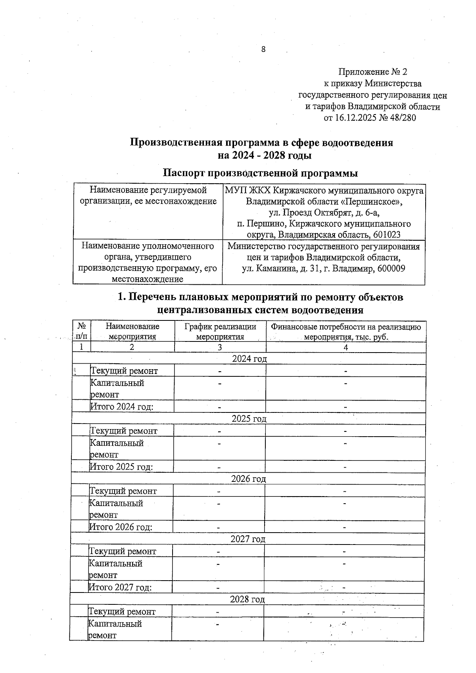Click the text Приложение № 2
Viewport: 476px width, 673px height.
[x=372, y=72]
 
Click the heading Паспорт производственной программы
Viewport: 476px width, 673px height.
[x=261, y=173]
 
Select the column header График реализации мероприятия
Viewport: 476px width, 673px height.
[x=220, y=332]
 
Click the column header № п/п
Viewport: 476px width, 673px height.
[x=82, y=331]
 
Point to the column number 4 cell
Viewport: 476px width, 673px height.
[x=345, y=347]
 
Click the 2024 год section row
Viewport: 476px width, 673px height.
[x=249, y=359]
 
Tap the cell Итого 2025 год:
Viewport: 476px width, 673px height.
[x=122, y=467]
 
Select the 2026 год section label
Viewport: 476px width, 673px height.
[x=248, y=479]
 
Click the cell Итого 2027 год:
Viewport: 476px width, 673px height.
[x=120, y=587]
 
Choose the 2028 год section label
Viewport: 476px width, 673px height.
[x=247, y=599]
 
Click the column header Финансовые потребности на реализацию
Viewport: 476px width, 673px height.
[x=345, y=327]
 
